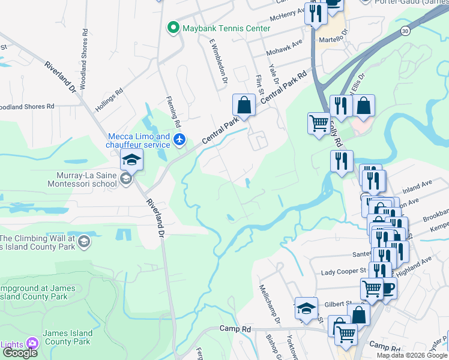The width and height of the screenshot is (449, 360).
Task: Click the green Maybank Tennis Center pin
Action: point(173,28)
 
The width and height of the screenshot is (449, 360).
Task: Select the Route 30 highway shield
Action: point(406,30)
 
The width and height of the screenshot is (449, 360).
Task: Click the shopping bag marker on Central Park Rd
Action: point(244,105)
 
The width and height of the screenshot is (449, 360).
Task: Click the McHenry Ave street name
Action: point(291,14)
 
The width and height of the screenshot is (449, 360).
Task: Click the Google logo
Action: point(20,353)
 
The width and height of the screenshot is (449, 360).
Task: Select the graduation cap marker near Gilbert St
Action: point(306,308)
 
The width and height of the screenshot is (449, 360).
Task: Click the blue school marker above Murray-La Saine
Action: point(131,160)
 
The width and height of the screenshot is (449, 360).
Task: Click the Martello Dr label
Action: point(334,39)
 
